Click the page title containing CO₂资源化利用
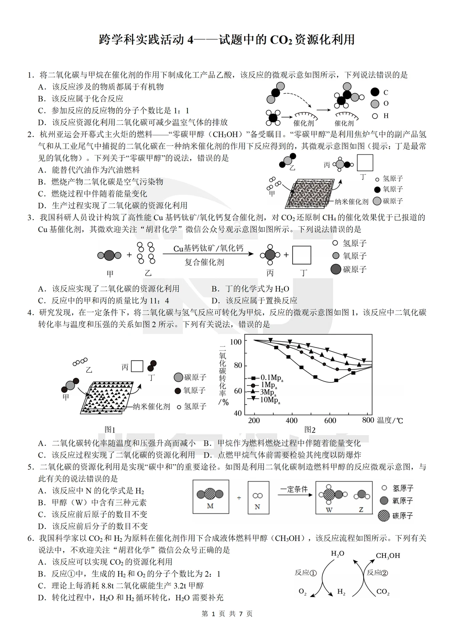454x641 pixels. tap(227, 39)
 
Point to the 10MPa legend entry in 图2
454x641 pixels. tap(267, 399)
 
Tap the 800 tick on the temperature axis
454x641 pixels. tap(367, 420)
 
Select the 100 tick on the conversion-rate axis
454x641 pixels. tap(236, 342)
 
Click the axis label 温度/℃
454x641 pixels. tap(390, 420)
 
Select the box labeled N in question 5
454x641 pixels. tap(257, 497)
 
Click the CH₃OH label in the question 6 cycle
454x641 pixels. tap(388, 556)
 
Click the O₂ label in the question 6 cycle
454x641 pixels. tap(303, 591)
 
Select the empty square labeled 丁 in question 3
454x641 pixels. tap(301, 255)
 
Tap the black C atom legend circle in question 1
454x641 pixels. tap(375, 92)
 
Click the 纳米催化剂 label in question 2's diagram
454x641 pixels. tap(351, 201)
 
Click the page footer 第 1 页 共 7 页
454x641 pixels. tap(227, 614)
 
